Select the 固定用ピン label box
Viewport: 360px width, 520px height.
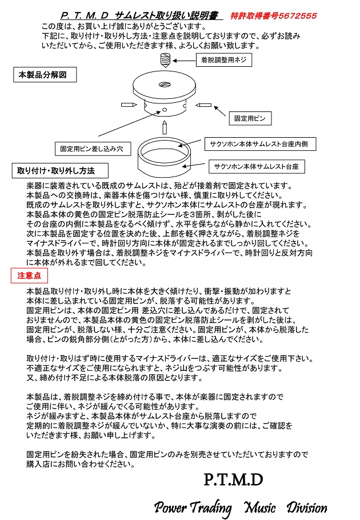pyautogui.click(x=250, y=119)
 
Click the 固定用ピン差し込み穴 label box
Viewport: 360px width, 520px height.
pyautogui.click(x=92, y=149)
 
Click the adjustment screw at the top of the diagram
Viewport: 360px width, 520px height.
pyautogui.click(x=165, y=58)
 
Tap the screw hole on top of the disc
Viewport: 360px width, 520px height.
pyautogui.click(x=165, y=85)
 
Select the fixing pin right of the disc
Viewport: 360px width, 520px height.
pyautogui.click(x=203, y=105)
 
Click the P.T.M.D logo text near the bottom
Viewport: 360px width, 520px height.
pyautogui.click(x=233, y=479)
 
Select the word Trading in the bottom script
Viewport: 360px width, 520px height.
pyautogui.click(x=210, y=507)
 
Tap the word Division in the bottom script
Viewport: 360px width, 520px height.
pyautogui.click(x=307, y=507)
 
